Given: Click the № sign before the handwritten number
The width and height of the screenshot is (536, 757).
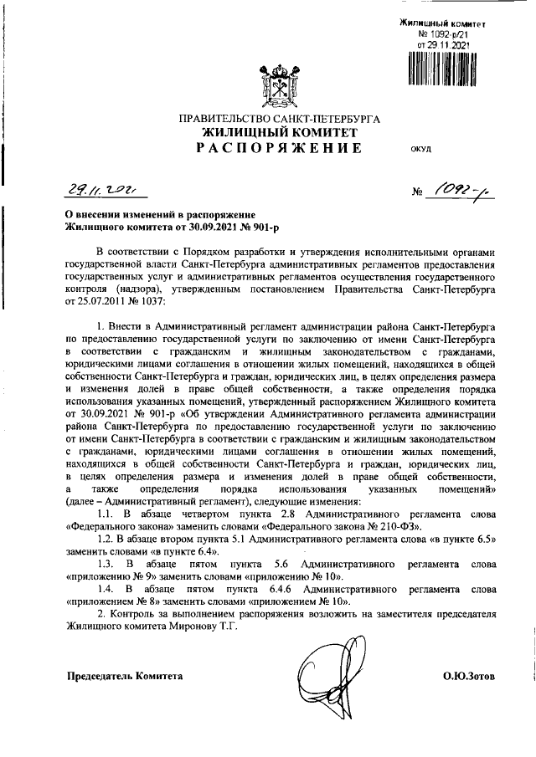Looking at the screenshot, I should [x=419, y=194].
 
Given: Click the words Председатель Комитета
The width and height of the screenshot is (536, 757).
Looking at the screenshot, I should [x=124, y=674].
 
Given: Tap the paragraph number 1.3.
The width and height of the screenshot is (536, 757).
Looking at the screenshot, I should [x=106, y=565].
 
